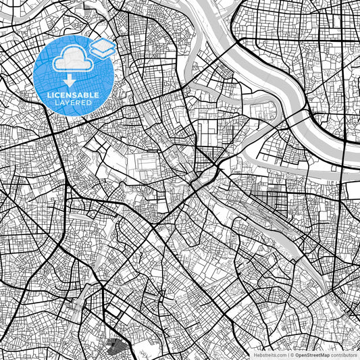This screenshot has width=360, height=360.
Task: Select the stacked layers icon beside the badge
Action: click(x=102, y=47)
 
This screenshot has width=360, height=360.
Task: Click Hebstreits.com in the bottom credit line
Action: click(x=269, y=354)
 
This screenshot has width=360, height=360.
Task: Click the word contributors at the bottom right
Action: click(x=344, y=354)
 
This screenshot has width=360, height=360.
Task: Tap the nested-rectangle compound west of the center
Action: click(x=148, y=164)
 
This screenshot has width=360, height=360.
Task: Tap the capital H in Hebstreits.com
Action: click(x=255, y=354)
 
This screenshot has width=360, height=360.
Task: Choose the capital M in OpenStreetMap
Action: click(x=324, y=354)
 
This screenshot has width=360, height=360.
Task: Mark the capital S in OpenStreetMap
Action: click(x=309, y=354)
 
